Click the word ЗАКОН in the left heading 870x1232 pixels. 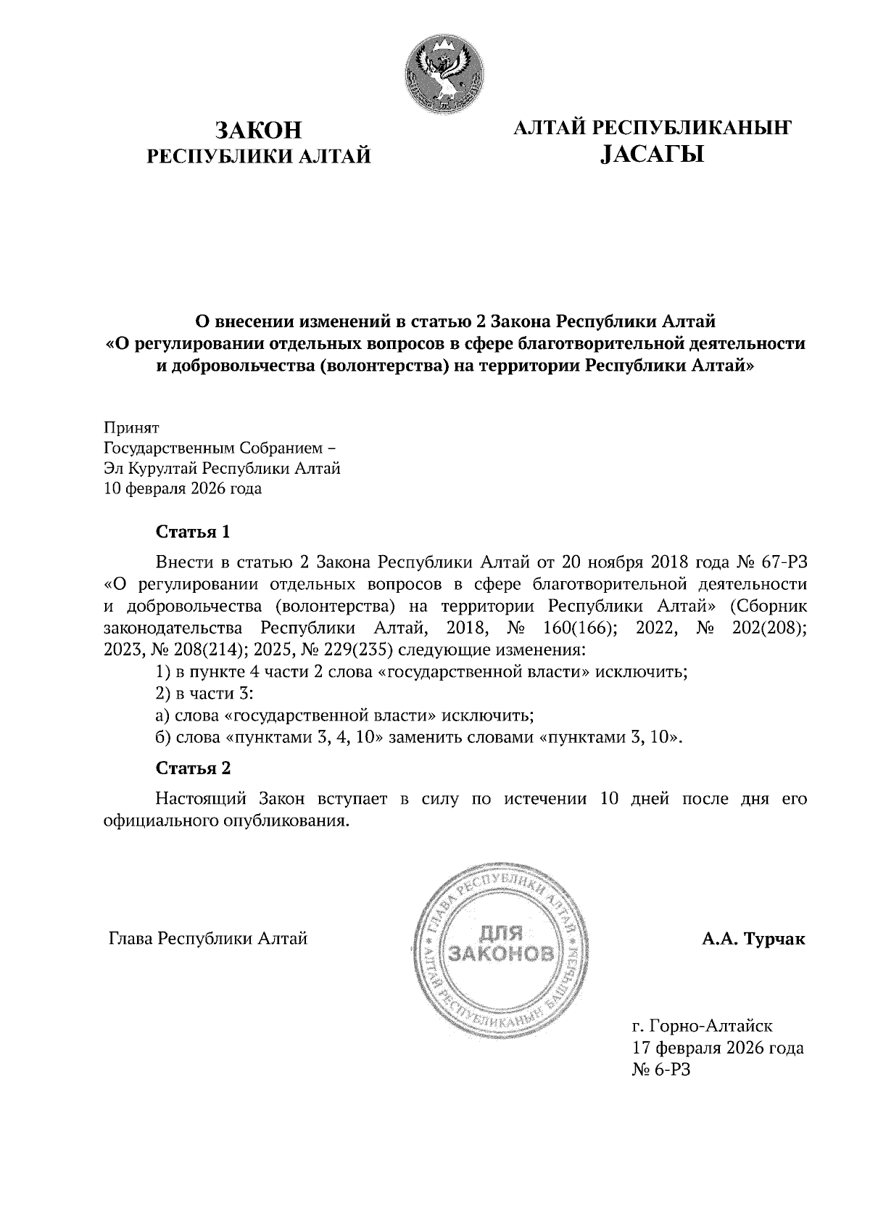(259, 131)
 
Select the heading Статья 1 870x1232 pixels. (194, 532)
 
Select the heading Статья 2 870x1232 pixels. (194, 768)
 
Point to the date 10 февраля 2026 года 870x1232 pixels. (183, 489)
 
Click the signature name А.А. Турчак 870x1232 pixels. (753, 940)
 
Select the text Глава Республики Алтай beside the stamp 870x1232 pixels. (208, 940)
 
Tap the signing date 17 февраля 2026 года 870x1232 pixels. (718, 1048)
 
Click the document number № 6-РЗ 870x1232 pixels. (662, 1070)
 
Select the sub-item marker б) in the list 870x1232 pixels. (164, 738)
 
